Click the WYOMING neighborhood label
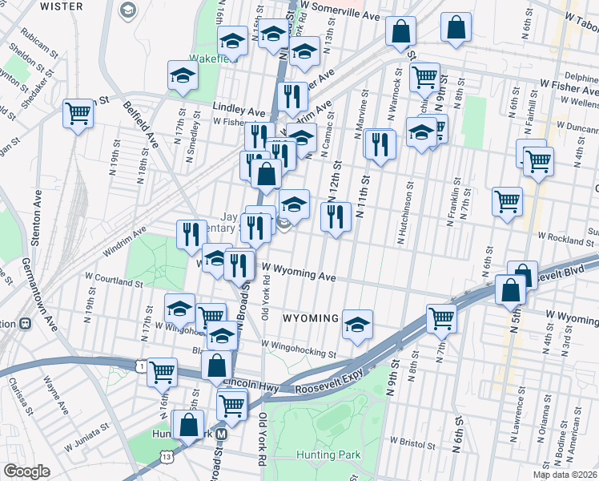coord(311,318)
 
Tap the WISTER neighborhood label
coord(62,6)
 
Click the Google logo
coord(26,471)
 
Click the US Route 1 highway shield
coord(142,366)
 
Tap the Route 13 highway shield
coord(167,455)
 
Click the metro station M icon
coord(223,434)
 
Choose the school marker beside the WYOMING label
coord(358,323)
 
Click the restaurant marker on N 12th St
coord(336,215)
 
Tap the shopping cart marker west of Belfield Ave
coord(78,113)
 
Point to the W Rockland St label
coord(565,237)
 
